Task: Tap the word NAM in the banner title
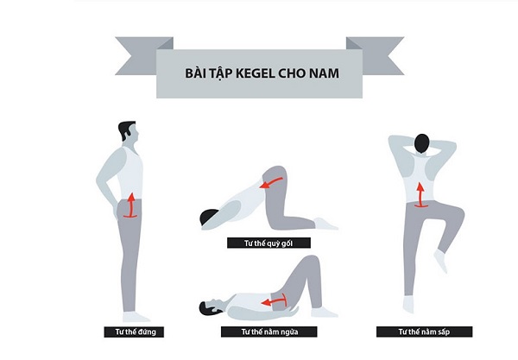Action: [324, 73]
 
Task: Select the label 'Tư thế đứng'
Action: [134, 332]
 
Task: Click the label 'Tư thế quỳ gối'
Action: [268, 243]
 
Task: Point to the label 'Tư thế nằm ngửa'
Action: [268, 332]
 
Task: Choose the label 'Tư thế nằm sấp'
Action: [424, 332]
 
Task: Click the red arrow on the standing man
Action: [131, 206]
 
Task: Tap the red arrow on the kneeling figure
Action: [271, 183]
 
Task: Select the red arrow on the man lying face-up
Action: [274, 301]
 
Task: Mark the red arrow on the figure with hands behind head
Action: [420, 196]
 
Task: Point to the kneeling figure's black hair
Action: [208, 218]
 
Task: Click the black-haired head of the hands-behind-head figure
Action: [422, 143]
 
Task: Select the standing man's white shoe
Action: [136, 317]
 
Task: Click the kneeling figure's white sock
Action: [325, 224]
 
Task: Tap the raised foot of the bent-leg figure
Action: [441, 261]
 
